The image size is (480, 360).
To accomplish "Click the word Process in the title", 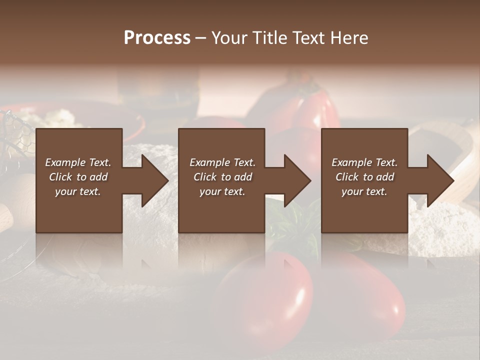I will pos(157,38).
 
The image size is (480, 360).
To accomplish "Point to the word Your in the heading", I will pos(230,38).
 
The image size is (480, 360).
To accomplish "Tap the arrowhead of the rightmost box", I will pos(439,180).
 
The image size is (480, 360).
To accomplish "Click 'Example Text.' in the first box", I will pos(78,162).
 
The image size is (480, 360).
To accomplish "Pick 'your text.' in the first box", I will pos(78,191).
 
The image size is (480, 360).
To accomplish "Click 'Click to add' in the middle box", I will pos(222,177).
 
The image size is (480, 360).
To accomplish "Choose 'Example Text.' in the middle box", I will pos(222,162).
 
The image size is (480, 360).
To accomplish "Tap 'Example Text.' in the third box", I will pos(364,162).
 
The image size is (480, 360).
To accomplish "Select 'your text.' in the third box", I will pos(364,191).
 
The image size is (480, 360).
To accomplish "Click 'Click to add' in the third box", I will pos(364,177).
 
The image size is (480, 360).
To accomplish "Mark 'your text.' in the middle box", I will pos(222,191).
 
